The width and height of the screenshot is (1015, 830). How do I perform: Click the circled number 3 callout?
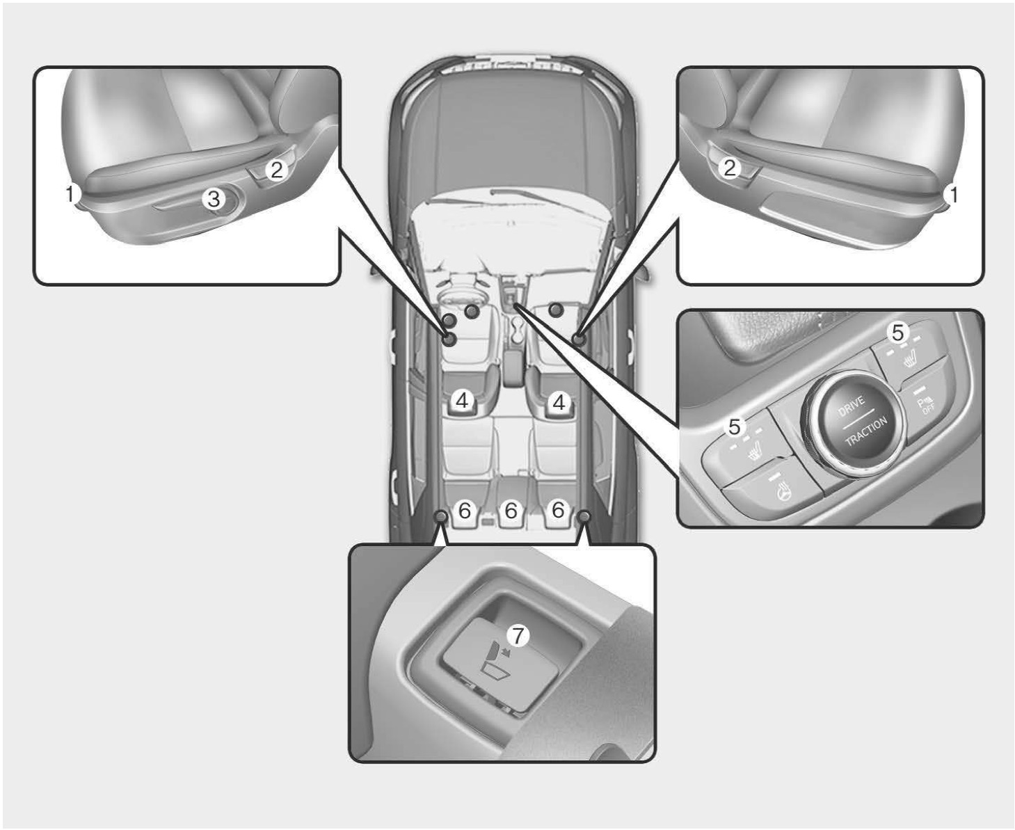214,198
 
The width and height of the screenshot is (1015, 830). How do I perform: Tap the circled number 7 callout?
518,637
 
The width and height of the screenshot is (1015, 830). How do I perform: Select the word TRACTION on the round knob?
866,431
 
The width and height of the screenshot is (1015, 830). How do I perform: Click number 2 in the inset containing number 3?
276,170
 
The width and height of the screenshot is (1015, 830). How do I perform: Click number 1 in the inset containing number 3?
70,194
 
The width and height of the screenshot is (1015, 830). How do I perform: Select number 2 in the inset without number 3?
730,168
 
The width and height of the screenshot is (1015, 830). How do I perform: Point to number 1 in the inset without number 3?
952,195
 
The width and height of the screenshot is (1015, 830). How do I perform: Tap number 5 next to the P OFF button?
898,332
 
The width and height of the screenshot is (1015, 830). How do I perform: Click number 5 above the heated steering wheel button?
735,426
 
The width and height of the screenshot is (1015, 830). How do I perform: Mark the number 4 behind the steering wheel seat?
462,399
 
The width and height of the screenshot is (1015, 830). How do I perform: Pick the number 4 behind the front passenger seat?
559,401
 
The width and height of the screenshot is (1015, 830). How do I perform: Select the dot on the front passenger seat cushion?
557,310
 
